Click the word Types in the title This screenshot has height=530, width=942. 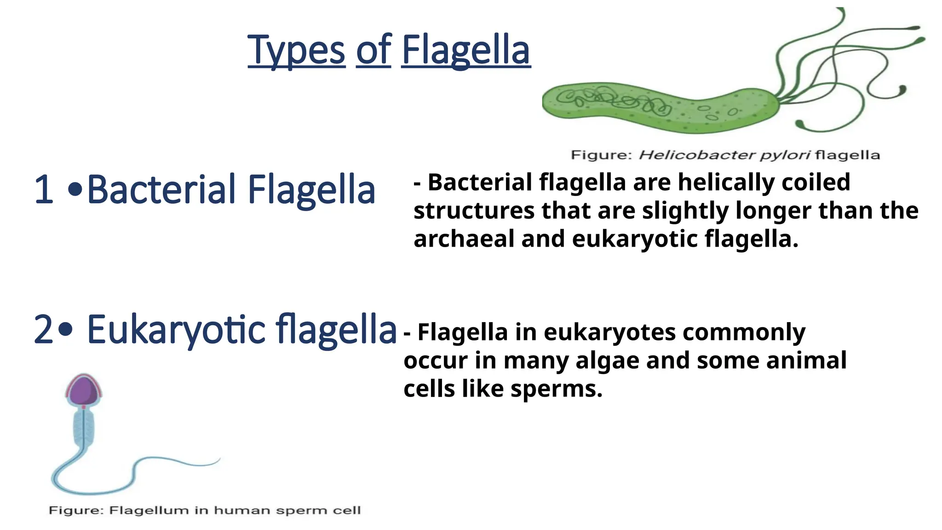click(x=296, y=50)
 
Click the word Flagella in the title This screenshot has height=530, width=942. click(x=466, y=50)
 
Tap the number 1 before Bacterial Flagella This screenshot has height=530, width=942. click(x=44, y=190)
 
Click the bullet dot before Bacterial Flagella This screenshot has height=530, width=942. click(x=75, y=190)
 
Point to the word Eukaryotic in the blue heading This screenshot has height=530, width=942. click(x=176, y=329)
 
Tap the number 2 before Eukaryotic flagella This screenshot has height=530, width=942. click(x=44, y=329)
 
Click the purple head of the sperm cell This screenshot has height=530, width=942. click(x=83, y=391)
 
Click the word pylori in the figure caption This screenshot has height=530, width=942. click(x=784, y=155)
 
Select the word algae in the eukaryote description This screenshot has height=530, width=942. click(x=607, y=360)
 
